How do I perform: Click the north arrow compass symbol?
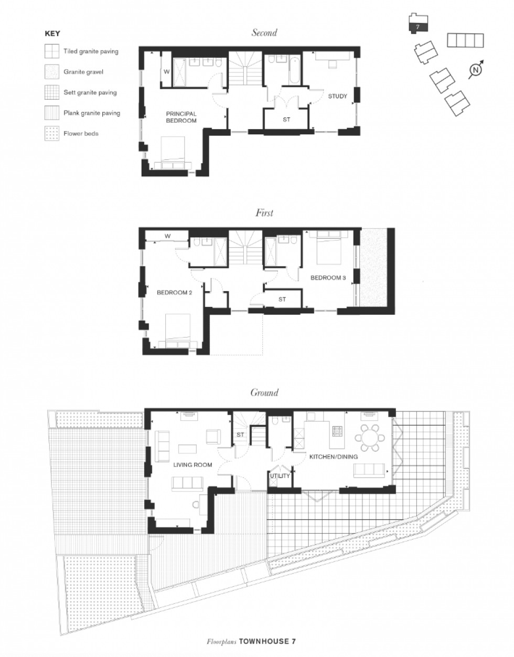point(475,70)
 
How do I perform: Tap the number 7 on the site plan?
point(417,26)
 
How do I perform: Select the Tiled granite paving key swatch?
point(51,51)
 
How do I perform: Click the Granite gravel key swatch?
point(51,72)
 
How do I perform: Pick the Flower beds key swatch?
point(51,133)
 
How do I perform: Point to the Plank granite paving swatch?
point(51,113)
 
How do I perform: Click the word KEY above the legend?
point(52,33)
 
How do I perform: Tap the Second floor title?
point(264,33)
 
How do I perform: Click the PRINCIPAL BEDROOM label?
point(181,117)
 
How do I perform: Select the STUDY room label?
point(338,96)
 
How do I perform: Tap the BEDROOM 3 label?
point(328,278)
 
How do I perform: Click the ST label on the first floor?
point(282,300)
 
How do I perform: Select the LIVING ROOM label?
point(192,464)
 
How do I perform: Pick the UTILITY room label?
point(280,476)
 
